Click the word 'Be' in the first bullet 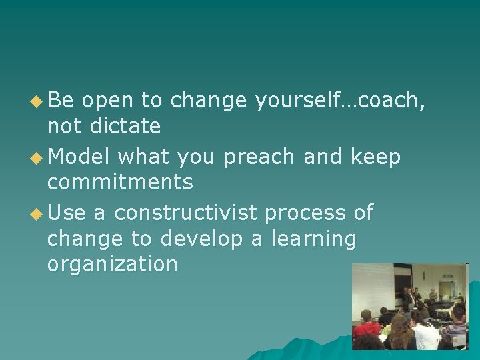(x=61, y=101)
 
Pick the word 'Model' (x=78, y=157)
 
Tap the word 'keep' (x=375, y=158)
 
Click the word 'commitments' (x=120, y=181)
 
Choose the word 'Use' (x=67, y=213)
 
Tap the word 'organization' (x=112, y=264)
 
